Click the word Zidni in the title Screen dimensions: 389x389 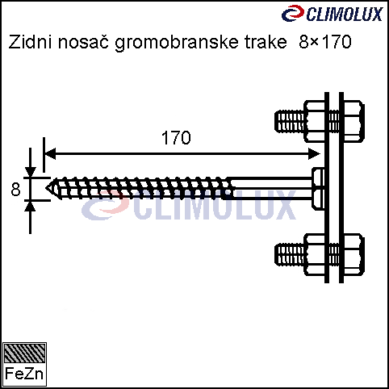[x=30, y=42]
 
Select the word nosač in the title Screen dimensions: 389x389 [x=83, y=42]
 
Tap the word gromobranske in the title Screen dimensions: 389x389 [x=177, y=43]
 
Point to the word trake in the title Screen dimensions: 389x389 [x=266, y=42]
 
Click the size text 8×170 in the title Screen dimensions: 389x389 [x=325, y=42]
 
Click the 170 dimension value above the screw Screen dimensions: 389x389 [x=176, y=138]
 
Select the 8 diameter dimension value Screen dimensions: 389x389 [x=15, y=190]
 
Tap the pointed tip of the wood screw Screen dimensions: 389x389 [x=45, y=188]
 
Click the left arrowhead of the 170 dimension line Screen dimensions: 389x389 [x=50, y=154]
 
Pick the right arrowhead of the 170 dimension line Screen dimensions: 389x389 [x=314, y=154]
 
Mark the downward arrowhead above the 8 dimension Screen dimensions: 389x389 [x=30, y=172]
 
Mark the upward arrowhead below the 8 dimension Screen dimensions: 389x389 [x=30, y=206]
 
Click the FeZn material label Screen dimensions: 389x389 [x=24, y=374]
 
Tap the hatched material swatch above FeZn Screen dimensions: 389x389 [x=24, y=353]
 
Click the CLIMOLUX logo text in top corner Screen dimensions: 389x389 [x=345, y=14]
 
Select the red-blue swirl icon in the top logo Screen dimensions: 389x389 [x=293, y=14]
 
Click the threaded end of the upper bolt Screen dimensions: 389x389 [x=290, y=121]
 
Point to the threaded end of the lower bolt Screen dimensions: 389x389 [x=290, y=254]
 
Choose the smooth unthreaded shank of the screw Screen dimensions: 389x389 [x=271, y=188]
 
